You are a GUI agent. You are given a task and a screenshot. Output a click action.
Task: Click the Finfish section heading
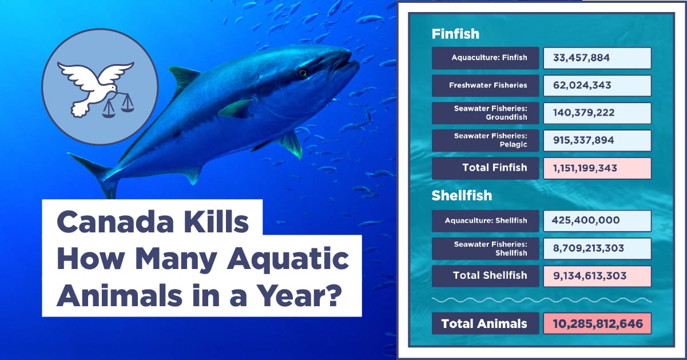455,34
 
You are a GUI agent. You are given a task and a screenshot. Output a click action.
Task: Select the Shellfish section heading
462,196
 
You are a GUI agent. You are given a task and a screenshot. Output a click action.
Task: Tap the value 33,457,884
581,58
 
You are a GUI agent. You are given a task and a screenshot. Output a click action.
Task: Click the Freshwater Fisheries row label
488,85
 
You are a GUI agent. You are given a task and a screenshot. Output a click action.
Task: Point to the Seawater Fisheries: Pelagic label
490,140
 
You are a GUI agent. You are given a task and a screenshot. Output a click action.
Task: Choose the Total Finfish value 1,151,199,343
585,168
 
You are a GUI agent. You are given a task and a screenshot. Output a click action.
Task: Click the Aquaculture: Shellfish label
486,221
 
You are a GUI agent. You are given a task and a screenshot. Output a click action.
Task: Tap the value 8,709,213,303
589,248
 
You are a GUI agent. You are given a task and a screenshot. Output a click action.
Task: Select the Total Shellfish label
490,275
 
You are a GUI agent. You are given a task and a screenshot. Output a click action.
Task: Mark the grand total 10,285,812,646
598,324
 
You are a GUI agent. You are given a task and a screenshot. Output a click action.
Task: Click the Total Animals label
484,324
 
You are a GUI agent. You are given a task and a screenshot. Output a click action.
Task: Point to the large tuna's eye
303,73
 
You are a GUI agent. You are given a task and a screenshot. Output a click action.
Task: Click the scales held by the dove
118,105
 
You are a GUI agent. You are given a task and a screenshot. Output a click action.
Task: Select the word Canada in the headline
115,223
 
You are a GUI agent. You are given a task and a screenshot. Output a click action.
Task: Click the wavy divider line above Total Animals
541,300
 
